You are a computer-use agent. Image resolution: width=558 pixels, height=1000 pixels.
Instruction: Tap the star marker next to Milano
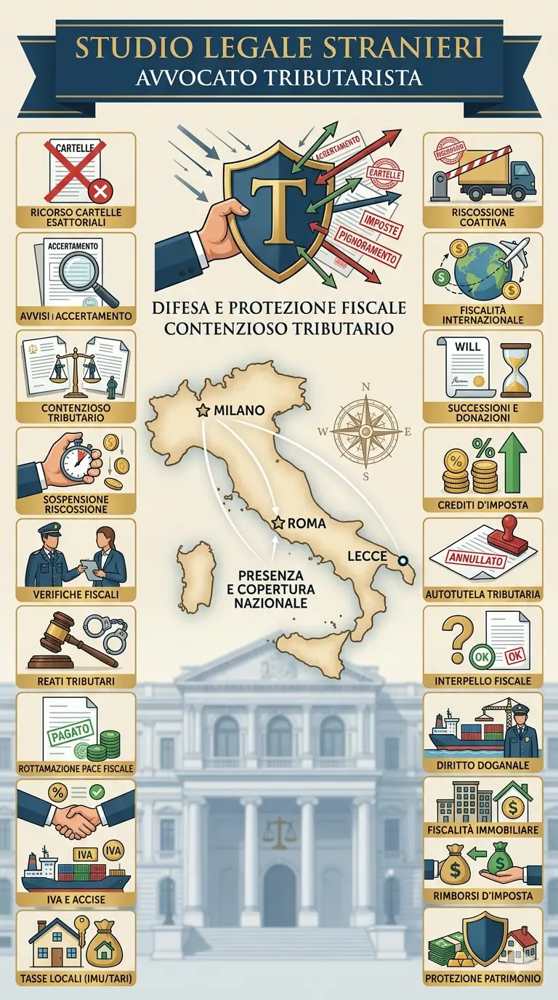coord(203,411)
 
